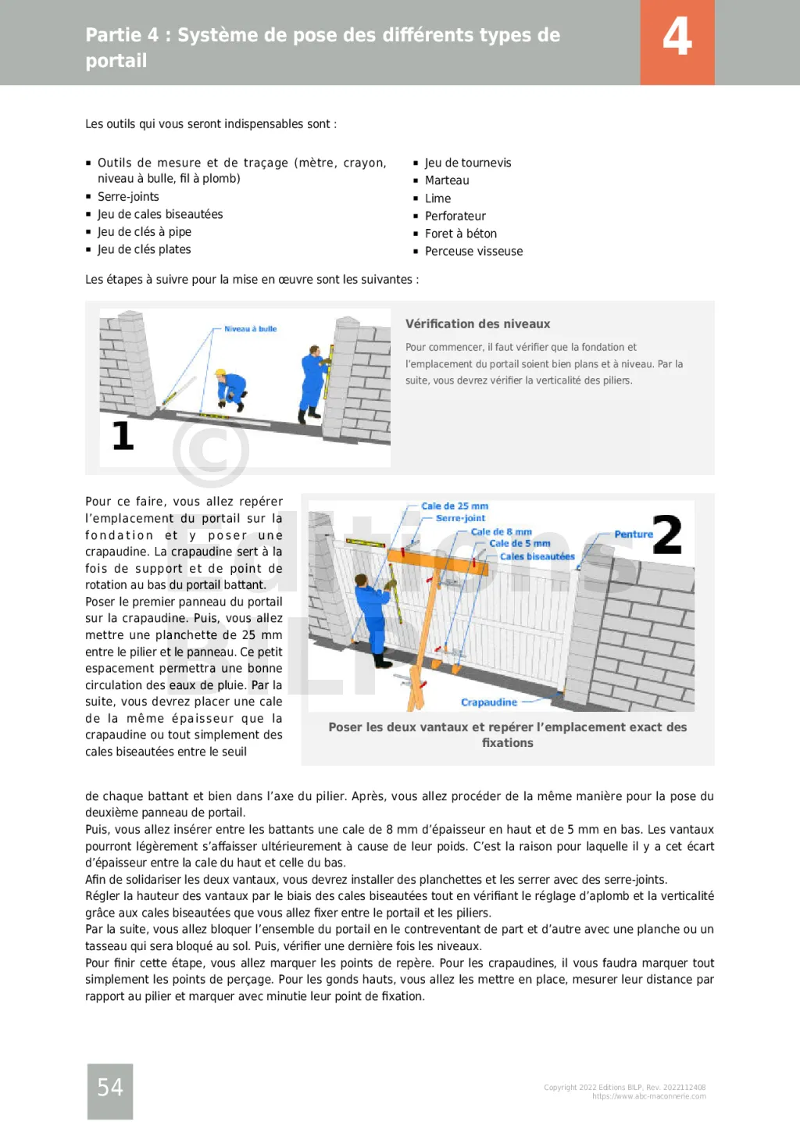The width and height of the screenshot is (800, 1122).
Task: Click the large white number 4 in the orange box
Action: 677,37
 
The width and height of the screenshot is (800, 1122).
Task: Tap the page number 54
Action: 110,1087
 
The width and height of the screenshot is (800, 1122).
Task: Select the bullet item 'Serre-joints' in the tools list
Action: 128,197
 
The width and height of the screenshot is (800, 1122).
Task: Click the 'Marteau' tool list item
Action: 447,180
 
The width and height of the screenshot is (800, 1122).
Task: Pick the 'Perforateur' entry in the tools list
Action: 455,216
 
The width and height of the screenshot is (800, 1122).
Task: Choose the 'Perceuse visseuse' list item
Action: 473,252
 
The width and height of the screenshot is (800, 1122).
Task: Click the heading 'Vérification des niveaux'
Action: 477,324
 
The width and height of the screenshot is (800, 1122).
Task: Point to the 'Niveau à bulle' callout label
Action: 250,329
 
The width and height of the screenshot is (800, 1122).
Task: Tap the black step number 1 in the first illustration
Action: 123,436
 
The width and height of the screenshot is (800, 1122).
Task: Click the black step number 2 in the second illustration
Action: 667,535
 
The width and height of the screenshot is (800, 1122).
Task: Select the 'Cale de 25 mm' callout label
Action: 455,506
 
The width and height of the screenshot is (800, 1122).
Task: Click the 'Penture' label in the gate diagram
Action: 633,534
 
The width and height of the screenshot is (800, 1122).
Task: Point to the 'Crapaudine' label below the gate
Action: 488,702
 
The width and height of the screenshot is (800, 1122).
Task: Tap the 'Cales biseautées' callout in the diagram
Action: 537,557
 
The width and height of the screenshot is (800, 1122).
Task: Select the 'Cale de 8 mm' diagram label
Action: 501,532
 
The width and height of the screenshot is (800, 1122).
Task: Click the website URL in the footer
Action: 648,1096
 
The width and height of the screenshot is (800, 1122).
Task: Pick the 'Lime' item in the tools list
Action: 437,198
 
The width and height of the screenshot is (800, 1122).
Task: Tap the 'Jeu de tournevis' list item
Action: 468,163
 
